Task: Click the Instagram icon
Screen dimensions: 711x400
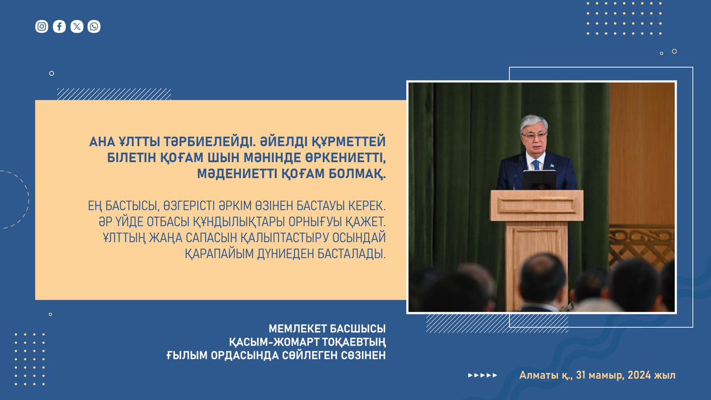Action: pos(42,26)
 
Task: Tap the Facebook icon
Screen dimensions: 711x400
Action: pos(59,26)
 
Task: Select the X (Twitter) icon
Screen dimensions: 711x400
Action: pos(77,26)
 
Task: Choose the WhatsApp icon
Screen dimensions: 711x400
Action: pos(94,26)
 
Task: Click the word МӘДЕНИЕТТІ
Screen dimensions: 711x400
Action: pos(237,174)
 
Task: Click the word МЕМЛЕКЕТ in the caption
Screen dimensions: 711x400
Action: pos(297,328)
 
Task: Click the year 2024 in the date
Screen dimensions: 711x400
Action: pos(639,375)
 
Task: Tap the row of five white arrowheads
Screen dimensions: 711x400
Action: pos(483,375)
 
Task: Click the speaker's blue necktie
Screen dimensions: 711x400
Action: pos(536,165)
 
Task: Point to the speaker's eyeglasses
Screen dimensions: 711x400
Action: pos(534,137)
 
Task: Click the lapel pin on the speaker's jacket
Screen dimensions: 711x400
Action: pos(552,166)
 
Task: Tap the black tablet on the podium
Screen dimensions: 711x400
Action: pos(539,180)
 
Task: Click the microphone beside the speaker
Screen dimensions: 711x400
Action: pos(517,173)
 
